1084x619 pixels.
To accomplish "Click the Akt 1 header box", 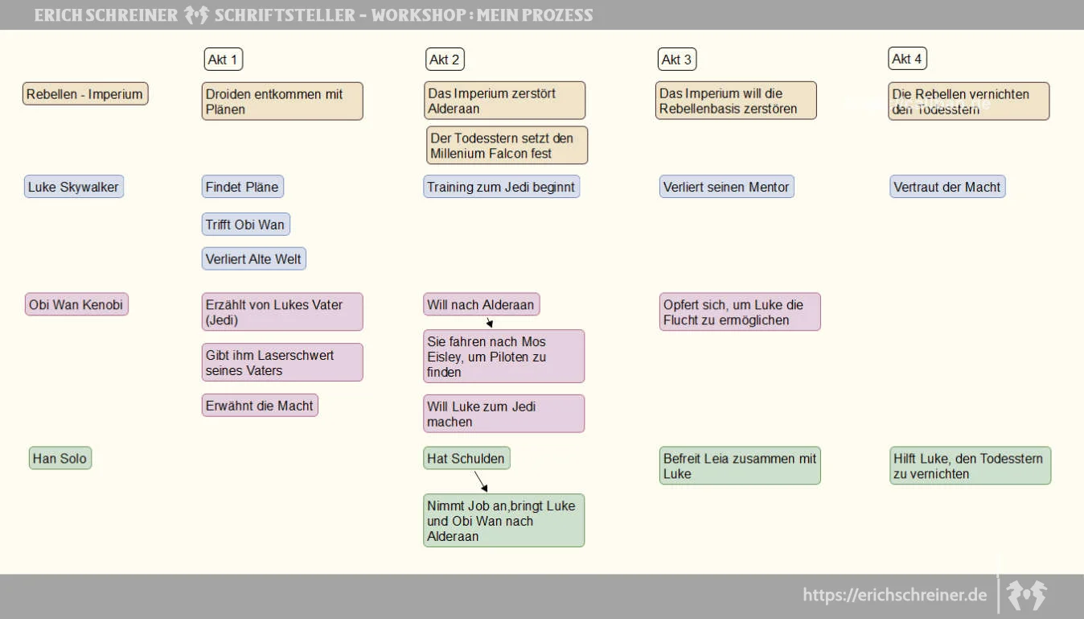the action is (x=223, y=60).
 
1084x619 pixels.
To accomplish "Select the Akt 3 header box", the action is (x=676, y=60).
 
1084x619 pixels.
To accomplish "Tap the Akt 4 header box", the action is (x=907, y=59).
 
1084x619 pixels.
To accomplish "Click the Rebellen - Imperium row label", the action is (x=85, y=94).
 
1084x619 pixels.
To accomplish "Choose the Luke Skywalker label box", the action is (x=73, y=187).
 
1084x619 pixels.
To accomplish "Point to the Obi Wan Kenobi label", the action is (x=76, y=304).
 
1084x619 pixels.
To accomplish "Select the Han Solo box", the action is (x=60, y=458).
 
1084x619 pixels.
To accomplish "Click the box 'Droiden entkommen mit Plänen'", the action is (x=282, y=101).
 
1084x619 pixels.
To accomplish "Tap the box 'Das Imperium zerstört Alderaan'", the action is (x=505, y=101).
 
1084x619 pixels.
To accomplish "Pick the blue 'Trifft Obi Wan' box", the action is (x=246, y=225).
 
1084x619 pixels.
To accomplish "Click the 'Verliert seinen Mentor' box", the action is (x=726, y=187).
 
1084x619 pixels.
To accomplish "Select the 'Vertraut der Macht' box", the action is (x=947, y=187).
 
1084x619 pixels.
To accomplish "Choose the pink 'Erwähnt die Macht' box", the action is (x=260, y=406).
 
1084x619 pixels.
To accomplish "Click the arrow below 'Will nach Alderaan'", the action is (x=489, y=322).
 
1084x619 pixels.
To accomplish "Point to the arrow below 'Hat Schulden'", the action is (x=481, y=481).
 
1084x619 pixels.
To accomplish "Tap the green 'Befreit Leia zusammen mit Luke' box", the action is (x=740, y=465).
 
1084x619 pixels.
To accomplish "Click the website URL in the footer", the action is (x=895, y=595).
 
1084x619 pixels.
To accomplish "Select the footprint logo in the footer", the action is (x=1026, y=595).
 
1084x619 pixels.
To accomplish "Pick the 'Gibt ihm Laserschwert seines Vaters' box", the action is (x=282, y=362).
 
